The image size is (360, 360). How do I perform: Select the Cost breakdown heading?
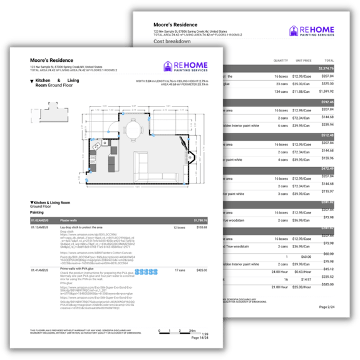pyautogui.click(x=170, y=41)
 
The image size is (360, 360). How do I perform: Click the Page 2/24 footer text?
pyautogui.click(x=327, y=307)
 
